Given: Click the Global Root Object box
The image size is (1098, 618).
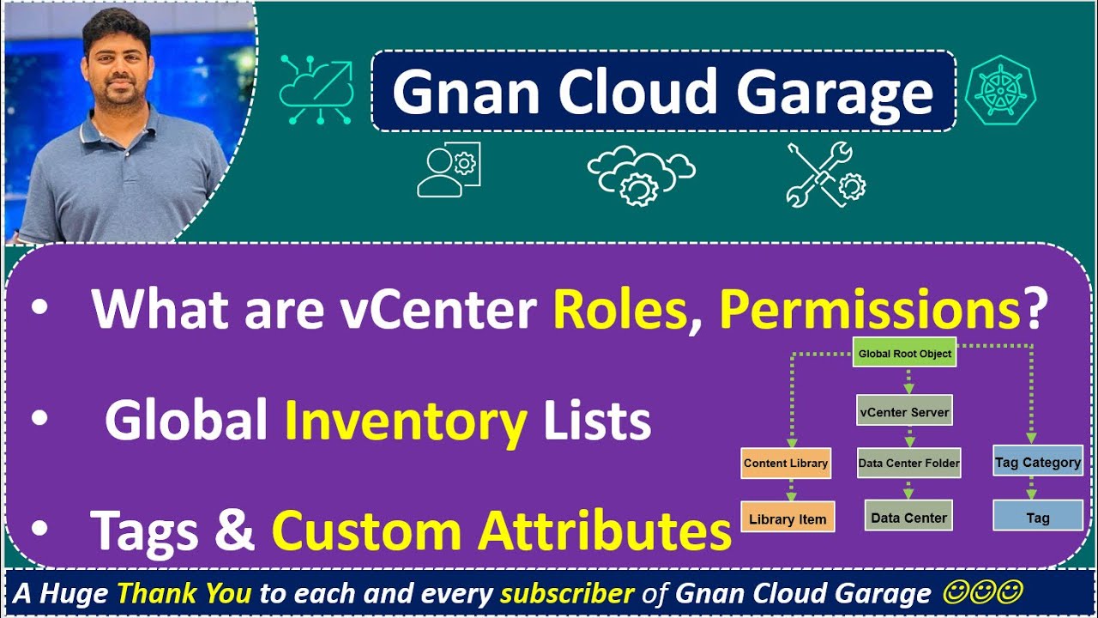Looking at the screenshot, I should (904, 354).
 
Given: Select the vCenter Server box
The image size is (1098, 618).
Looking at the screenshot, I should (904, 411).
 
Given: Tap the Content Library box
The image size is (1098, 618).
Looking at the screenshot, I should (786, 463).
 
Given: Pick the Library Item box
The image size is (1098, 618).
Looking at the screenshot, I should (787, 518).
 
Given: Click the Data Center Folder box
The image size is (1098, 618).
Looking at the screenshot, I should (908, 463).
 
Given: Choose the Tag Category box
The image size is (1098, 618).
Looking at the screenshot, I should (1038, 462).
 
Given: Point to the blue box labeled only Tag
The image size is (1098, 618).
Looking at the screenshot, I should (1038, 518).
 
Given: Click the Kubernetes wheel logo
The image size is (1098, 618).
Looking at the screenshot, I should (1000, 89).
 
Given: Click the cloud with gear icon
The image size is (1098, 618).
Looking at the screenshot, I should (640, 174).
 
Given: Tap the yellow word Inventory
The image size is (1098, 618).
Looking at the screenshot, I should (405, 422).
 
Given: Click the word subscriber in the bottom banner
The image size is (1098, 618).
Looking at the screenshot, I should (567, 593).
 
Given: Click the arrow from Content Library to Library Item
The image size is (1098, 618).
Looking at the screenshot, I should (791, 490).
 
